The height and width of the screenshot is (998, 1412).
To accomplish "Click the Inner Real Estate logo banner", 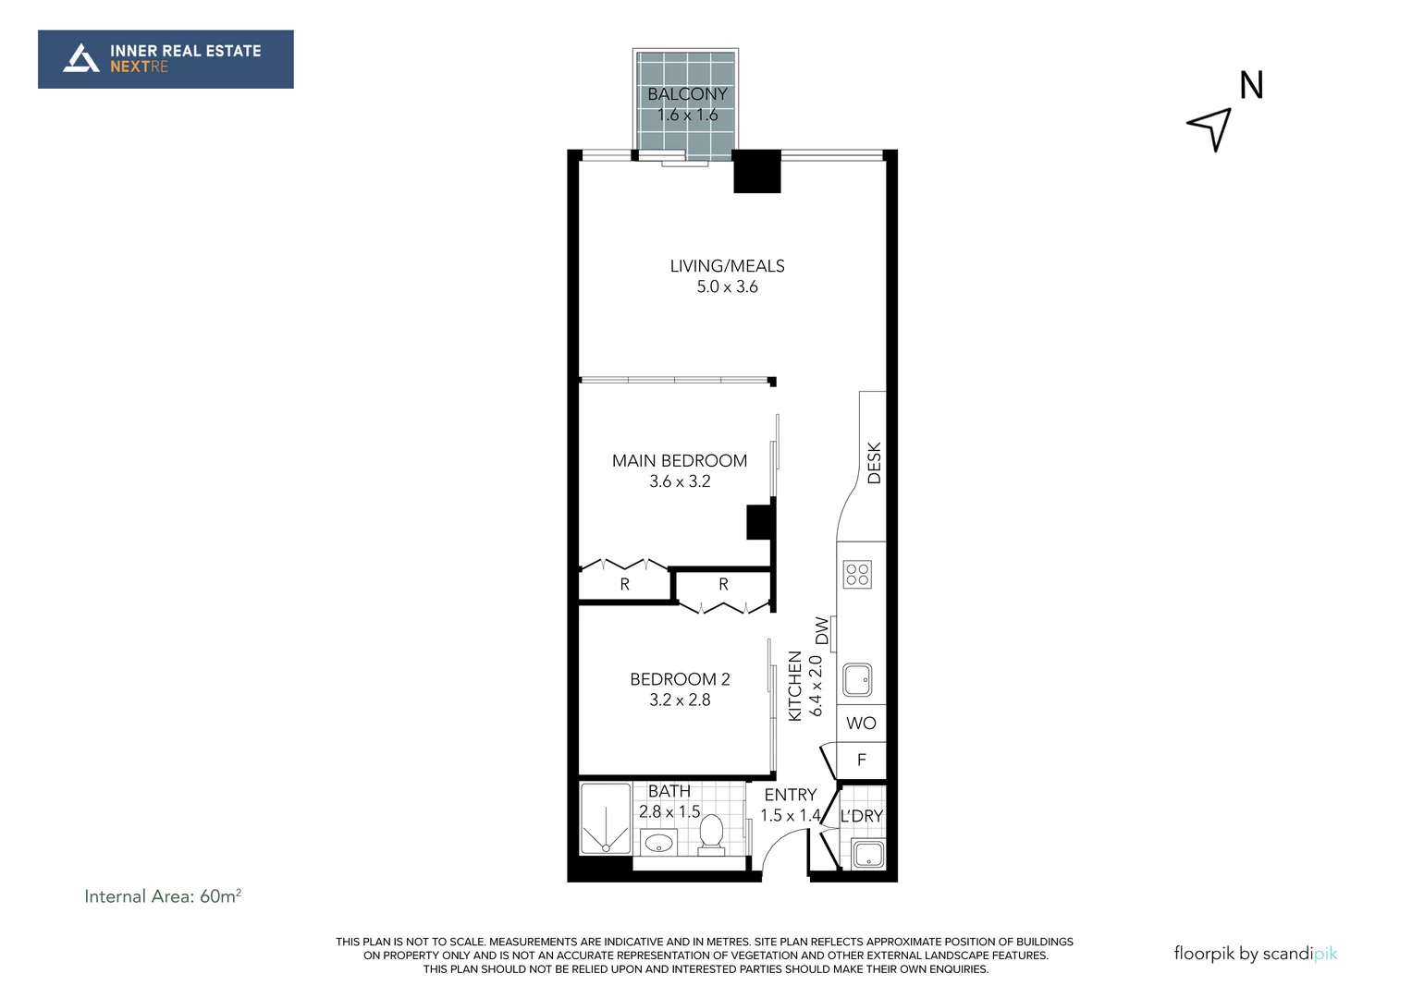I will [166, 59].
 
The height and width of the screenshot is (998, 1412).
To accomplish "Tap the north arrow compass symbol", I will [1211, 128].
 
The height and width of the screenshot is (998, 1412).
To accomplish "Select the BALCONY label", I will [687, 94].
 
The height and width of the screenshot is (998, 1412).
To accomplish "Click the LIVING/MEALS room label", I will [727, 266].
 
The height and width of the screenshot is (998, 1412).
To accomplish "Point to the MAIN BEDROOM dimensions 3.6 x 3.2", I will [680, 481].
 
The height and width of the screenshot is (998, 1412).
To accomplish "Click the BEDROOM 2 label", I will [680, 679].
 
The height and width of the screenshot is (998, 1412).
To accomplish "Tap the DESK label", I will [874, 463].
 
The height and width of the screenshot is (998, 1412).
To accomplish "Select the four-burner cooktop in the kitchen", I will [857, 575].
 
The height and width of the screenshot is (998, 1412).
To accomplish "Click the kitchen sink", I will [856, 680].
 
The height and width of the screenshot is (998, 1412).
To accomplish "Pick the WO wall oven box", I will [861, 724].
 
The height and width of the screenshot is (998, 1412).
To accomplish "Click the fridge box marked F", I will [861, 761].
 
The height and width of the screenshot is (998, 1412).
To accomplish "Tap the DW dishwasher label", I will [822, 631].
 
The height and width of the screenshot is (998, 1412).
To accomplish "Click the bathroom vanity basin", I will [658, 843].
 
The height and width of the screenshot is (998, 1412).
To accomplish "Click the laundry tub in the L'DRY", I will [867, 854].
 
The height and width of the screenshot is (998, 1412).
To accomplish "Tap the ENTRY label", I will [790, 795].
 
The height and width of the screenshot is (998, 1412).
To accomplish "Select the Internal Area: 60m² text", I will [163, 896].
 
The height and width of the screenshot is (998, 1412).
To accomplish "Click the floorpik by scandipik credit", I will [1255, 954].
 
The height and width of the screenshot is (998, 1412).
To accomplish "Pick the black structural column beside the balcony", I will [756, 171].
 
